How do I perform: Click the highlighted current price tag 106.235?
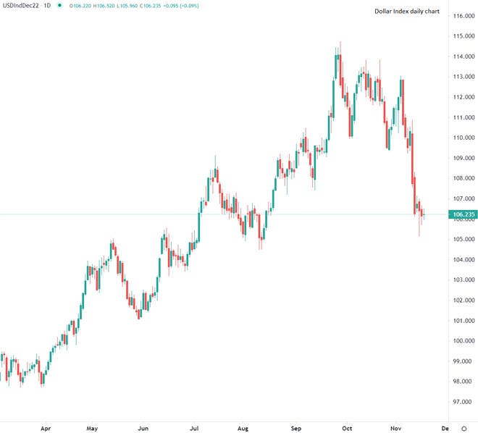click(463, 214)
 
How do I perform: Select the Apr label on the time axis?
click(46, 428)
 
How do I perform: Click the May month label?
click(92, 428)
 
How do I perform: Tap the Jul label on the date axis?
click(194, 428)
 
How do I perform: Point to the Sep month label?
click(296, 428)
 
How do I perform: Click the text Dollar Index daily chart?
click(406, 12)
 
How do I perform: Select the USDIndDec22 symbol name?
click(20, 6)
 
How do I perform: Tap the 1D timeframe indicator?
click(47, 6)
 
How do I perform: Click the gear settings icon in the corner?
click(464, 428)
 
